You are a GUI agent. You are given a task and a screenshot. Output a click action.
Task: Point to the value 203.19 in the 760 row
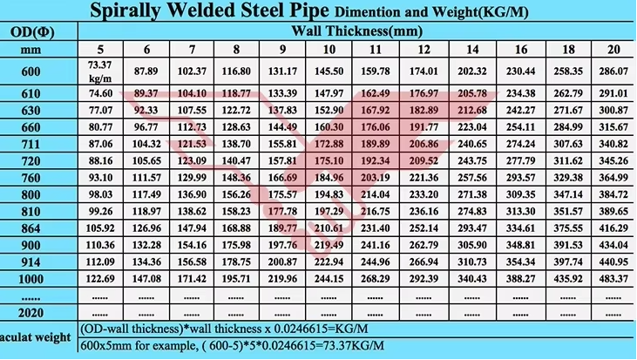375,178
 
